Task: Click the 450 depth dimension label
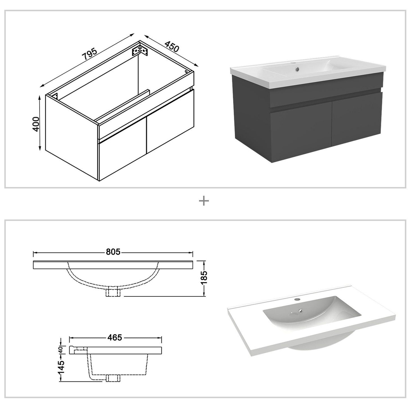pos(172,47)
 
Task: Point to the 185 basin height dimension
pos(204,278)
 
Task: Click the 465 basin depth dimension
pos(115,337)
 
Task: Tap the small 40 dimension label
pos(61,350)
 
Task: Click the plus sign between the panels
pos(204,201)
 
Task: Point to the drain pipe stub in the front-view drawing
pos(113,292)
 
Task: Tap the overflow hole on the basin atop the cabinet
pos(297,68)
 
